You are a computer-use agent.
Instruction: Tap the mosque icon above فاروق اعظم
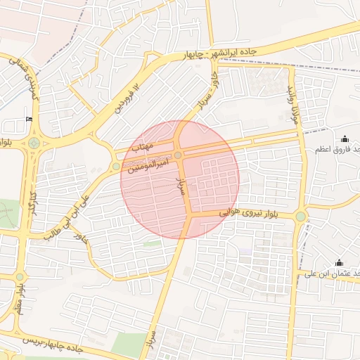click(x=345, y=139)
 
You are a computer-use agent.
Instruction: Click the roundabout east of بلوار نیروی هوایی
click(x=301, y=216)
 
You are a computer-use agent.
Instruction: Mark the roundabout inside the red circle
click(x=179, y=155)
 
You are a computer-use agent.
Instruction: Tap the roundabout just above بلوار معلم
click(x=20, y=276)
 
